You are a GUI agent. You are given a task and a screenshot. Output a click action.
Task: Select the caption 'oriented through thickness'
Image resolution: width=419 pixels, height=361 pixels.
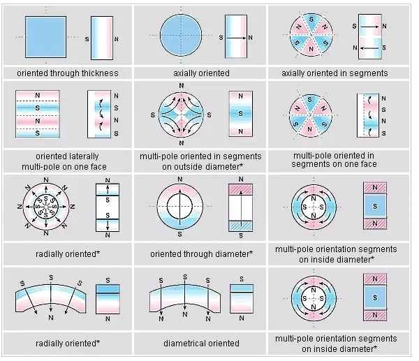[x=68, y=73]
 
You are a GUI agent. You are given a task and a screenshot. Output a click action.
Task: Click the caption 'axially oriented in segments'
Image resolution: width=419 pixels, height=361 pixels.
[x=335, y=73]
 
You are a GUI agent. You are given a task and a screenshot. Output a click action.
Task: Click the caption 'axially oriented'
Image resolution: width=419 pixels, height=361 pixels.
[x=200, y=73]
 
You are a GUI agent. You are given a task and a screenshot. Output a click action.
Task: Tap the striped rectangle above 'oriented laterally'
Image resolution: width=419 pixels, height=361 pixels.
[x=46, y=115]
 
